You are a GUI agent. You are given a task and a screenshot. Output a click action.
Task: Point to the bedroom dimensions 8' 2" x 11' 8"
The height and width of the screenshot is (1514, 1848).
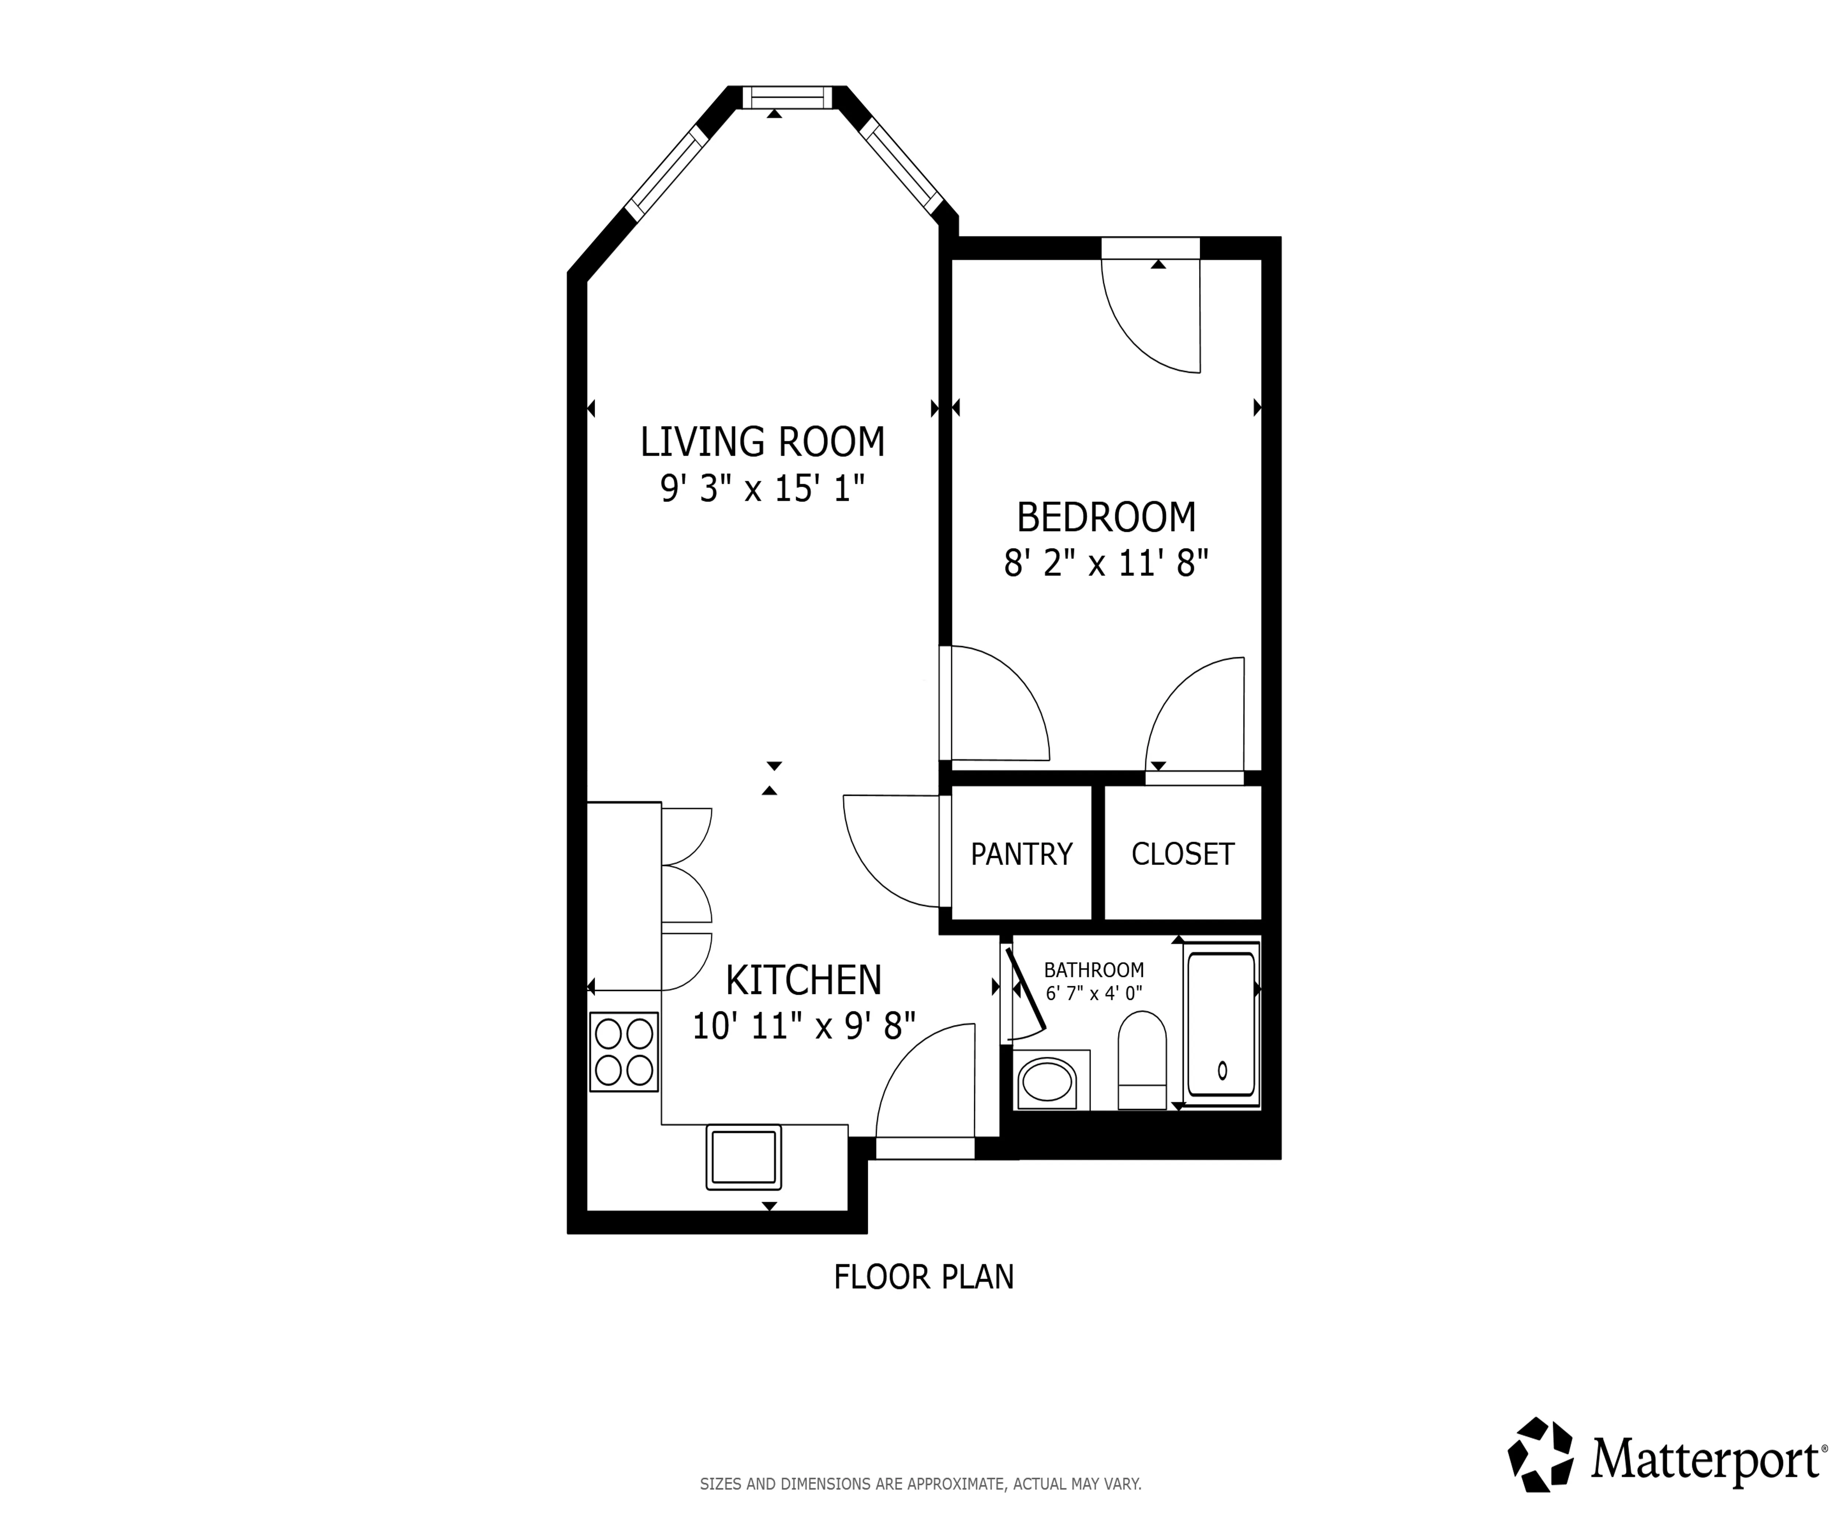click(1106, 563)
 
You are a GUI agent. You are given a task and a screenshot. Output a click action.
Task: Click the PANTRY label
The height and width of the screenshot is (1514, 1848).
click(1021, 854)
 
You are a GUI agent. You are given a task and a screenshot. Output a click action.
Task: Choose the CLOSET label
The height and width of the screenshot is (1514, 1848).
click(1183, 854)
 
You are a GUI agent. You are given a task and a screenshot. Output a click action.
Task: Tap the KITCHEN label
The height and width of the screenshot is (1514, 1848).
click(803, 980)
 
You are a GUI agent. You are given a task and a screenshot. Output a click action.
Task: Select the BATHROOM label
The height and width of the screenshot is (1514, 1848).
click(1094, 970)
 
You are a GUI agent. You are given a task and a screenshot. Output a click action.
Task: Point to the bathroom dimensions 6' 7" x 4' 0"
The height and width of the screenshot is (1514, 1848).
click(1094, 992)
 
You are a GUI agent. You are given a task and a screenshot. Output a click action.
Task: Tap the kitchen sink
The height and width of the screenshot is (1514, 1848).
click(743, 1157)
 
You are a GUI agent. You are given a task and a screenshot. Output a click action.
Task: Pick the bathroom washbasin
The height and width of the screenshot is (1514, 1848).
click(1047, 1082)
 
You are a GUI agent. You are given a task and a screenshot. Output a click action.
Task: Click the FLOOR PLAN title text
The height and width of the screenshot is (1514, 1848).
click(924, 1277)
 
